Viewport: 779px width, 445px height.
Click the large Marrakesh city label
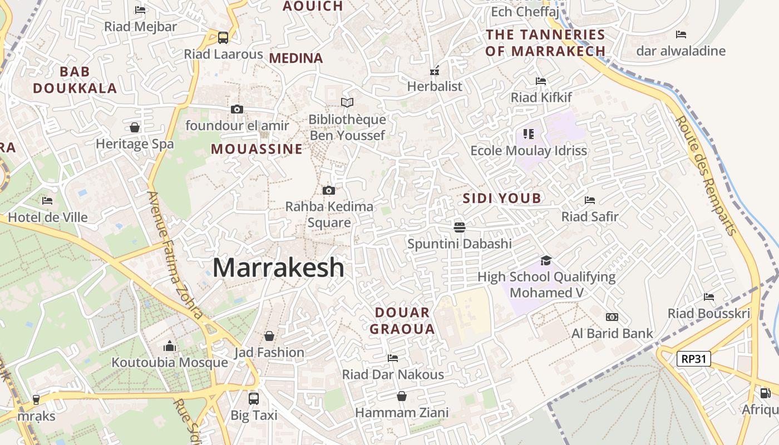tap(278, 268)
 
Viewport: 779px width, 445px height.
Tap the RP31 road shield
tap(694, 359)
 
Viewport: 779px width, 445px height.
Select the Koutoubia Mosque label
tap(170, 363)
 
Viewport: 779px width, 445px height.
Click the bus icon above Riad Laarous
tap(223, 38)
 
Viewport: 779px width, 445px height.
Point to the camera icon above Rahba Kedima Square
tap(329, 190)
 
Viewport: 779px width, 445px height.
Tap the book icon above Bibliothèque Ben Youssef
tap(347, 102)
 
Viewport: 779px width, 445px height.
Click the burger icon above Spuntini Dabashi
tap(459, 227)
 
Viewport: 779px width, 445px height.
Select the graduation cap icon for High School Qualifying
tap(546, 260)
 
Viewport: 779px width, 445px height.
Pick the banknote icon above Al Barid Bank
tap(612, 317)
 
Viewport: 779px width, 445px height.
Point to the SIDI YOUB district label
tap(502, 199)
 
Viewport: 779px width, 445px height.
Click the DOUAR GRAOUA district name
tap(402, 320)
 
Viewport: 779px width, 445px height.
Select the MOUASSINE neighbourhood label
tap(257, 149)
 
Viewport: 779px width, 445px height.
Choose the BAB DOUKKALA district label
tap(75, 80)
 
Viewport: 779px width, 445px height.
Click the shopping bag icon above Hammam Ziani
tap(402, 396)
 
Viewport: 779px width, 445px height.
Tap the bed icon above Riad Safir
tap(590, 200)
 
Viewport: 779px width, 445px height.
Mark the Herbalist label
tap(435, 86)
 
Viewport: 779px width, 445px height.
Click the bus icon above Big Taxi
tap(254, 398)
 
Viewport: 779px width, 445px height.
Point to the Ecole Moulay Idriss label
tap(529, 151)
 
